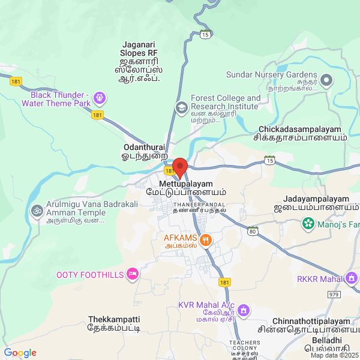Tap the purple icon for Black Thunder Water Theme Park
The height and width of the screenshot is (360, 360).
99,97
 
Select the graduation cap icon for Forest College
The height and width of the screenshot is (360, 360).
180,107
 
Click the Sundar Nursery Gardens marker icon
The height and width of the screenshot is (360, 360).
326,80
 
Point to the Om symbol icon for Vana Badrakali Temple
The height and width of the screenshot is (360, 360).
37,211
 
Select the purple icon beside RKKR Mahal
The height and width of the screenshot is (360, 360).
352,278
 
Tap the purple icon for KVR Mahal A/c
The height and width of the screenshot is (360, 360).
244,310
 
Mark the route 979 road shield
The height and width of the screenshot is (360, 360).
334,295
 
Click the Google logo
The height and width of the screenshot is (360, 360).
20,353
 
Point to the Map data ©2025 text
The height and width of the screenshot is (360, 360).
334,355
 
